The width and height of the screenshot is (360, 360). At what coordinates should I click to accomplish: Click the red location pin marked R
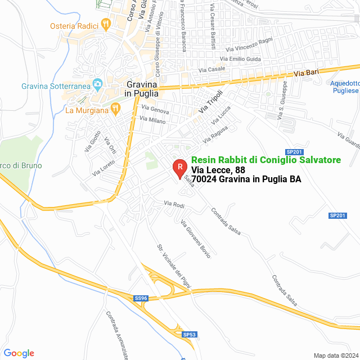point(179,168)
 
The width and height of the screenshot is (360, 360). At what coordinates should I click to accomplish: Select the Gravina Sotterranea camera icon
point(97,85)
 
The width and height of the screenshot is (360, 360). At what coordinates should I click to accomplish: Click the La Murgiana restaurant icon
point(116,110)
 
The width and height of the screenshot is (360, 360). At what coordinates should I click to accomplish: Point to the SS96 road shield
point(141,298)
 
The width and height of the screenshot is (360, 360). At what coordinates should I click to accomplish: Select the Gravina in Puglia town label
point(140,89)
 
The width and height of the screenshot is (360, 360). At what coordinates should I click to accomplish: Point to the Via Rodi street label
point(174,204)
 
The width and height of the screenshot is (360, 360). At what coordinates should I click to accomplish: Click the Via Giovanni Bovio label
point(195,239)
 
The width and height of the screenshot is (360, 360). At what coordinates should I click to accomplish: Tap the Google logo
point(19,353)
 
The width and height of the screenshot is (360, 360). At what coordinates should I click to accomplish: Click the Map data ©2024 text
point(335,355)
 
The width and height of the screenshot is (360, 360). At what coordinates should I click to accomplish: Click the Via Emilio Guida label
point(240,58)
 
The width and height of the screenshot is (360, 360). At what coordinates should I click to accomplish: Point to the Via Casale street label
point(213,69)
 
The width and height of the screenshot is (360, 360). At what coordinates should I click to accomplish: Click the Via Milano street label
point(152,120)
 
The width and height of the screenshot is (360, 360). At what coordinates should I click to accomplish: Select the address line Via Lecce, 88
point(218,170)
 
